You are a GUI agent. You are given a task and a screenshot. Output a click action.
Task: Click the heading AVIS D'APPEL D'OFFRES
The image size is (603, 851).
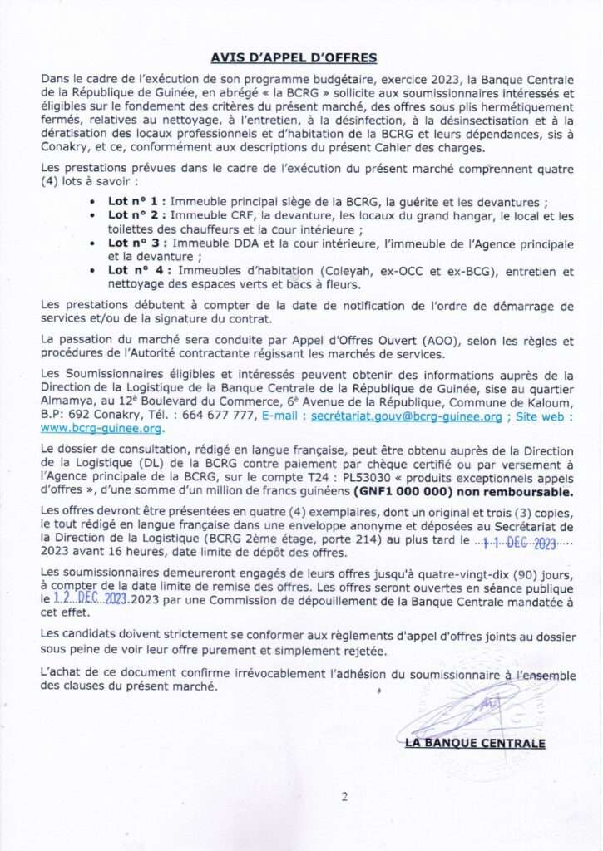pyautogui.click(x=294, y=57)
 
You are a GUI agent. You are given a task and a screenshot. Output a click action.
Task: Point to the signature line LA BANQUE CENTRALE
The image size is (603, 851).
pyautogui.click(x=474, y=743)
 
